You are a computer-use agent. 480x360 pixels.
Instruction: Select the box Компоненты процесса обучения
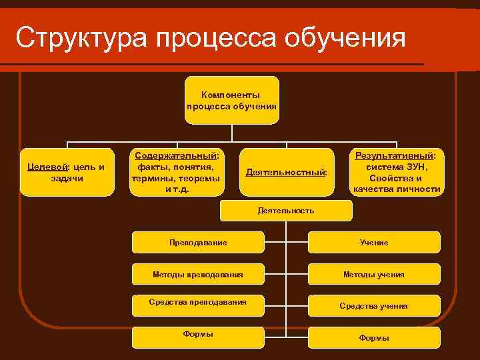click(232, 100)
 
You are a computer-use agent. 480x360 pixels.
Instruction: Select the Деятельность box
click(286, 210)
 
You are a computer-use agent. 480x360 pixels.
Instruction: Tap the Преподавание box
click(198, 242)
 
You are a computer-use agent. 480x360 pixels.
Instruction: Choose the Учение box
click(374, 243)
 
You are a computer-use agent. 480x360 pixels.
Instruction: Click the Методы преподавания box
click(198, 274)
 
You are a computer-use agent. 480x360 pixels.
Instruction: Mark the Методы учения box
click(374, 274)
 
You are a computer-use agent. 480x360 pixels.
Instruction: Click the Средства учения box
click(374, 306)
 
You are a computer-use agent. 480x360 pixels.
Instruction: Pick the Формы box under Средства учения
click(374, 338)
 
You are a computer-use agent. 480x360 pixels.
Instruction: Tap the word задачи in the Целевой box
click(67, 178)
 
